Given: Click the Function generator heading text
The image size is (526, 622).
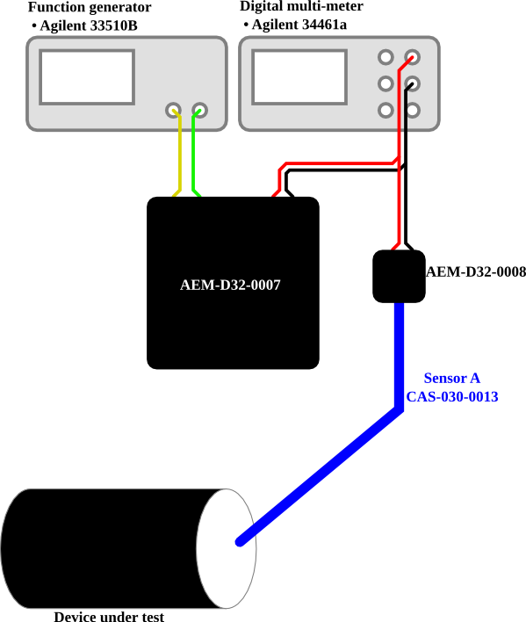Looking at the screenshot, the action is [90, 7].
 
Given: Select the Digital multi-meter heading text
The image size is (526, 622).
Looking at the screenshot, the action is [302, 6].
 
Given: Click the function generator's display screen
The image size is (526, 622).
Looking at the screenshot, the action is [87, 77].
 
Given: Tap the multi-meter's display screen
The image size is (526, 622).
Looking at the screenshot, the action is [299, 77].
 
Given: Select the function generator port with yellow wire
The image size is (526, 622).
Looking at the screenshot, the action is [173, 110].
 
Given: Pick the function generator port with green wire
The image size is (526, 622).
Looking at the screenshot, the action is [199, 110].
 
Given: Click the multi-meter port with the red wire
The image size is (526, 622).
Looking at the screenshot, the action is [412, 57].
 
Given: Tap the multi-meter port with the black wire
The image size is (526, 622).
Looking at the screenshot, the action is [412, 83].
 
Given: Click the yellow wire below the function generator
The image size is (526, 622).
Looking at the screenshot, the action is [179, 155].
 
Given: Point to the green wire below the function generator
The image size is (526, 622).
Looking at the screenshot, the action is [193, 155].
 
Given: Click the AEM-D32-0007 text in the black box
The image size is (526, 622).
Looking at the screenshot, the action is [230, 285].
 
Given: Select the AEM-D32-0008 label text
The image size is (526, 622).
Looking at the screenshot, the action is [476, 271].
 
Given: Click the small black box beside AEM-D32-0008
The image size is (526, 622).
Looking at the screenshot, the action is [400, 276].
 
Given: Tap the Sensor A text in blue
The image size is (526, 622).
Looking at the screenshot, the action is [452, 378].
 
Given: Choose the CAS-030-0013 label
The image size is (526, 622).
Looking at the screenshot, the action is [452, 397].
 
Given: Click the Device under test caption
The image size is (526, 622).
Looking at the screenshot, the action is [109, 616].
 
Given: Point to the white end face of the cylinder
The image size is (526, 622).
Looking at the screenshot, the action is [227, 548].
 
